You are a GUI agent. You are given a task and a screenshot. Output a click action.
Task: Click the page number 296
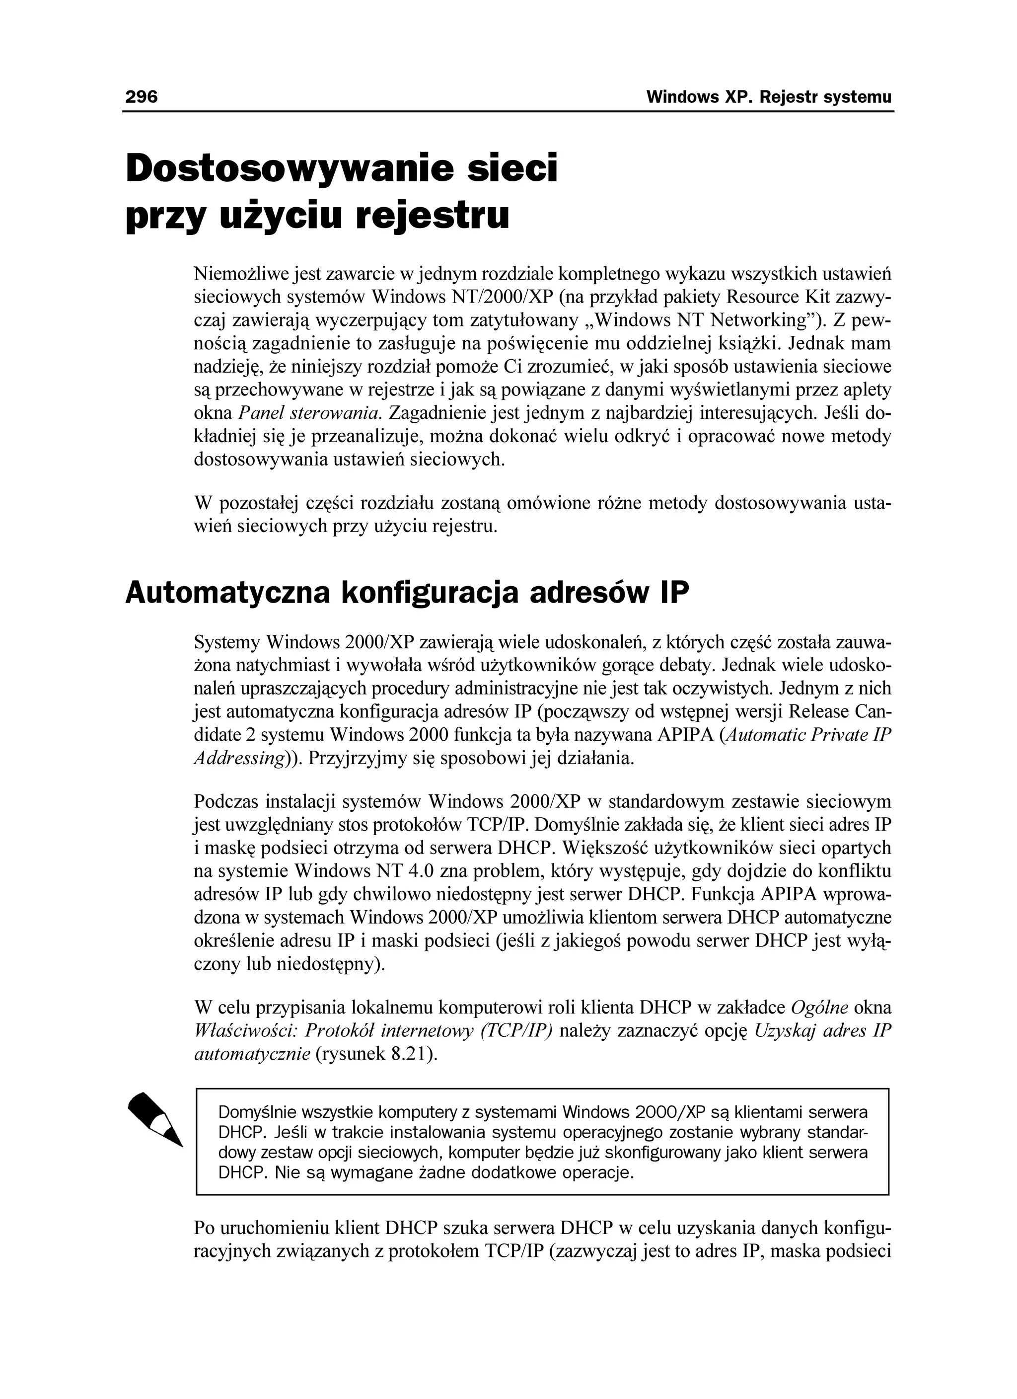point(141,97)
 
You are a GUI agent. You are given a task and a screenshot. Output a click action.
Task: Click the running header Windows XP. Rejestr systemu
point(769,97)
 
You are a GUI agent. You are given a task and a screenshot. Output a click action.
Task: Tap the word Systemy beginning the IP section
point(226,643)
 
